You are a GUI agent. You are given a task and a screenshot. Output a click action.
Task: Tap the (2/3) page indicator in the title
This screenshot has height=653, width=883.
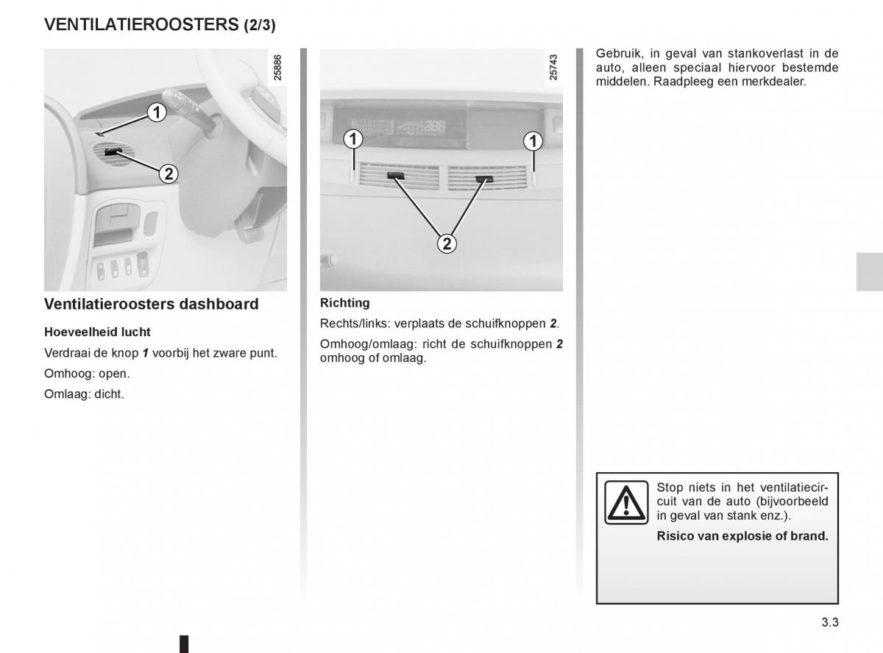pos(260,26)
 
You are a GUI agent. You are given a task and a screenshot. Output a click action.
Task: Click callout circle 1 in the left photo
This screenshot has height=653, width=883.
pos(155,113)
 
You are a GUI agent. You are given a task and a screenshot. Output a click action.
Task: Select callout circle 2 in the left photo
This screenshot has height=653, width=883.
pos(168,174)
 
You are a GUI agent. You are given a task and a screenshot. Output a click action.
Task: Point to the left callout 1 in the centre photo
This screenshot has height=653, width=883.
pos(354,138)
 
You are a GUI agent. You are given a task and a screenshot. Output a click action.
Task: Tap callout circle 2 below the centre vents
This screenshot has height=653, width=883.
pos(446,243)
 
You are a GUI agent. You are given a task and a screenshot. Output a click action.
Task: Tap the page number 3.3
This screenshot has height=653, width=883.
pos(829,622)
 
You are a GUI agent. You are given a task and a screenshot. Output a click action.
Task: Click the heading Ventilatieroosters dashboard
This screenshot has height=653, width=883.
pos(152,304)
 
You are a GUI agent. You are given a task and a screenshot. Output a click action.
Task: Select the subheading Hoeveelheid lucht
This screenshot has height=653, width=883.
pos(97,332)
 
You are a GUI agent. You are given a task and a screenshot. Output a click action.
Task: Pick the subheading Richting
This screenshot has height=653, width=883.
pos(345,302)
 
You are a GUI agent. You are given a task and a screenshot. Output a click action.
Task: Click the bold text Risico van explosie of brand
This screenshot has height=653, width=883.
pos(742,536)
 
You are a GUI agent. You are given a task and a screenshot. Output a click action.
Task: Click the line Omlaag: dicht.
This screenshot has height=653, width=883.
pos(85,393)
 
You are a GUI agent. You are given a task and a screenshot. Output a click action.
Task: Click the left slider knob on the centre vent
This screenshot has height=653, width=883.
pos(394,176)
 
